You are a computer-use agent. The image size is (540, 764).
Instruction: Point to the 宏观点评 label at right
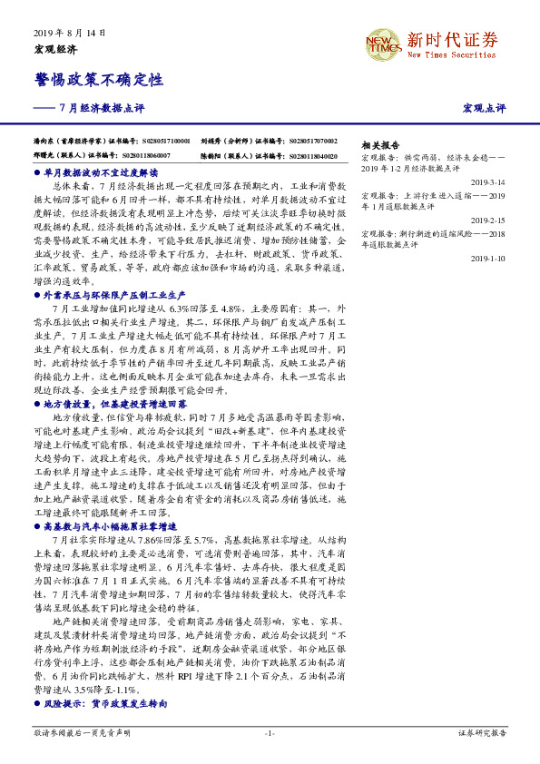click(485, 109)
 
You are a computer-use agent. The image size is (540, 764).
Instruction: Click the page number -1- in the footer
click(270, 732)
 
